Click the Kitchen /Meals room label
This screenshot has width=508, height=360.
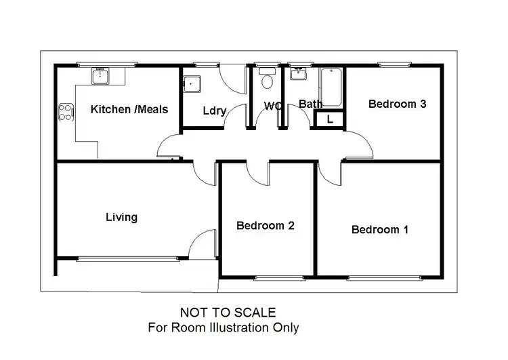(x=129, y=109)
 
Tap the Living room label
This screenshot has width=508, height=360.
(x=121, y=217)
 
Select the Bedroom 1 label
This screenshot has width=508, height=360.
(x=380, y=229)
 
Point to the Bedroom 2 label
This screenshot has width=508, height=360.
(x=265, y=226)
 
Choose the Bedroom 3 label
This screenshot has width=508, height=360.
(x=397, y=104)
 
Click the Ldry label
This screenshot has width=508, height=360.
(x=214, y=111)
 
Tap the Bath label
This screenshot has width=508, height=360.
(x=311, y=104)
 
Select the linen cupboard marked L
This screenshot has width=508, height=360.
(x=330, y=119)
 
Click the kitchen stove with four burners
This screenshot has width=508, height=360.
(x=66, y=112)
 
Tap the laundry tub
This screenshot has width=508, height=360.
(x=192, y=84)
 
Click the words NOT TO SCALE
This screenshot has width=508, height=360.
(x=227, y=313)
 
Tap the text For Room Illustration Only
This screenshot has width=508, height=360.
(x=224, y=327)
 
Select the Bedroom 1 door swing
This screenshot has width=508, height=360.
(x=329, y=174)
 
